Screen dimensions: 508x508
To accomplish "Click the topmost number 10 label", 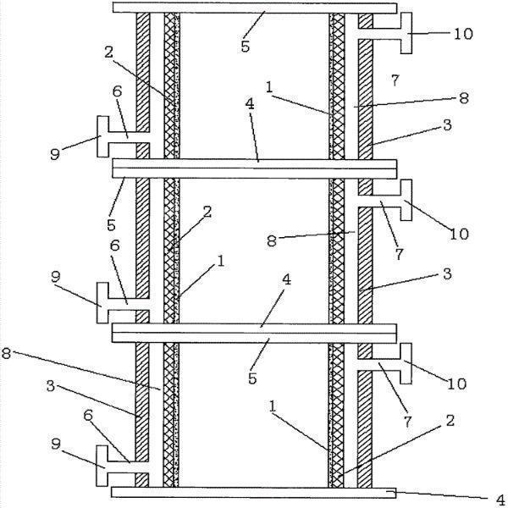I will tap(464, 35).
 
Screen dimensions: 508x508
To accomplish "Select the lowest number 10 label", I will tap(456, 384).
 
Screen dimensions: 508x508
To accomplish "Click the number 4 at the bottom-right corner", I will tap(499, 499).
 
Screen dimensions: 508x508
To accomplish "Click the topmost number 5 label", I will tap(245, 46).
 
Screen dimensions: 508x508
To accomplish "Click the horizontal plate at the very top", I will tap(254, 8).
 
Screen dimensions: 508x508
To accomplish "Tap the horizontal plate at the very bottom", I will tap(254, 492).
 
